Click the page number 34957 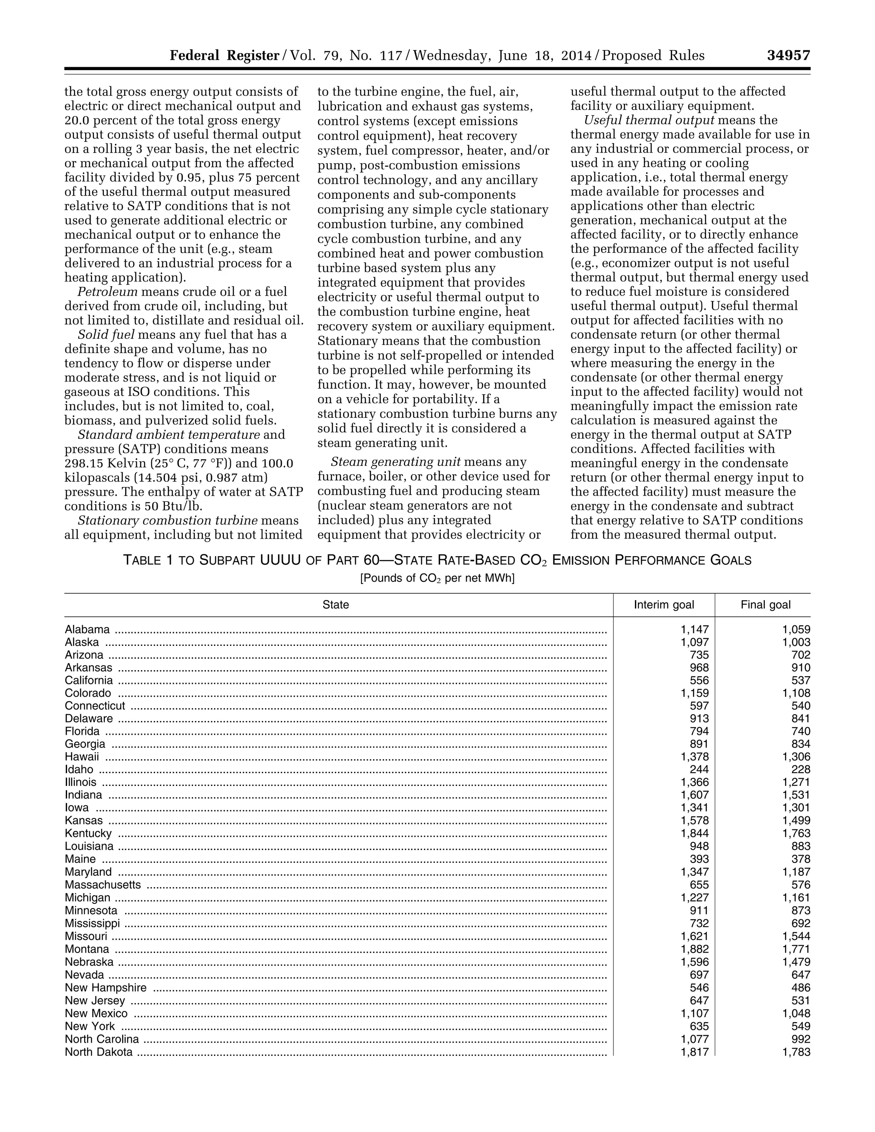pos(788,56)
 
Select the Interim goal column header pos(664,605)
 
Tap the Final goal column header pos(765,605)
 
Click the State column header pos(335,605)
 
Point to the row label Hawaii pos(82,757)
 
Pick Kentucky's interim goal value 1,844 pos(694,833)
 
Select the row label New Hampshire pos(106,988)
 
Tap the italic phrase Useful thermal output pos(649,120)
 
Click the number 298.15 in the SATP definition pos(85,463)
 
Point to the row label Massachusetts pos(103,885)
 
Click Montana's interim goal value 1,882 pos(694,949)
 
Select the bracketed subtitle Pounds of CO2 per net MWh pos(437,578)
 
